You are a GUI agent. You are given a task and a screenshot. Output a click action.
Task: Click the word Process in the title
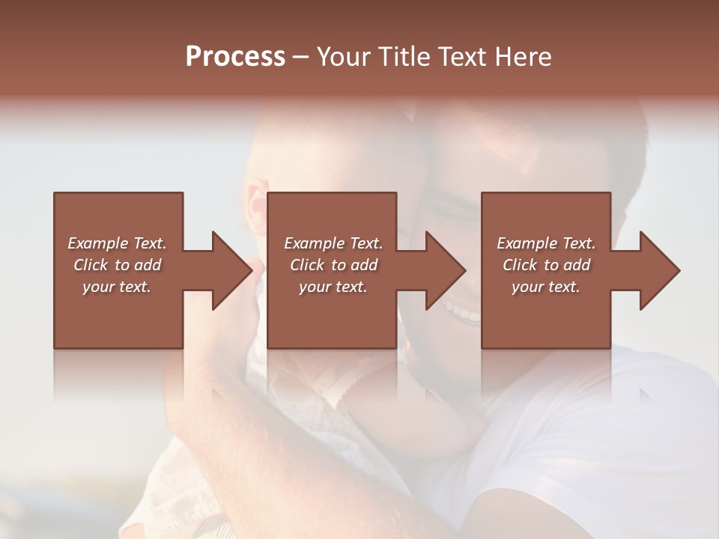click(235, 57)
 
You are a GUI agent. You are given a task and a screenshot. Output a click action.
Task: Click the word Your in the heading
click(345, 57)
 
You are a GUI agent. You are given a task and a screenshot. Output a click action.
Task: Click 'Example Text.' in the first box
click(117, 243)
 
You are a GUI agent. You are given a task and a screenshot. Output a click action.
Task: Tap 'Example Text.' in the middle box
click(333, 243)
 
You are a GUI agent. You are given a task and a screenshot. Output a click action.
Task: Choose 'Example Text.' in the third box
click(546, 243)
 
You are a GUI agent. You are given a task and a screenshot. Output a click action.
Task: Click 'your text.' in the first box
click(117, 287)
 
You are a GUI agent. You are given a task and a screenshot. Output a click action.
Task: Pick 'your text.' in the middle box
click(333, 287)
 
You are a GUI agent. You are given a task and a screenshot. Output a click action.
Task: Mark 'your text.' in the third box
click(546, 287)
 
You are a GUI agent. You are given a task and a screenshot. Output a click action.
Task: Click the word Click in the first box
click(91, 265)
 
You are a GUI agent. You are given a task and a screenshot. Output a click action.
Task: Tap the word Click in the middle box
click(307, 265)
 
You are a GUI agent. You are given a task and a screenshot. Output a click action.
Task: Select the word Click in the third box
click(520, 265)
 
